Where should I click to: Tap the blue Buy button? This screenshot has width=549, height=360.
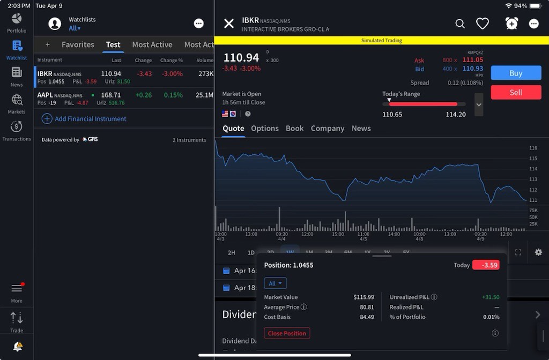pos(516,73)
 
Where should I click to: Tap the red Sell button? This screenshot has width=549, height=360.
pos(516,93)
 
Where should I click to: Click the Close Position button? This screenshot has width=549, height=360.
pos(287,333)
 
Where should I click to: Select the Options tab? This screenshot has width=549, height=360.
pos(265,129)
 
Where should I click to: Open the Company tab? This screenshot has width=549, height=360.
pos(328,129)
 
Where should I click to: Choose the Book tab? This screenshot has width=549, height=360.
pos(294,129)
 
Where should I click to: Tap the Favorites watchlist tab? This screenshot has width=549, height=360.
pos(78,44)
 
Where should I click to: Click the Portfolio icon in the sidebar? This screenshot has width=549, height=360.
pos(17,22)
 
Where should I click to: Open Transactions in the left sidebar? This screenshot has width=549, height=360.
pos(17,130)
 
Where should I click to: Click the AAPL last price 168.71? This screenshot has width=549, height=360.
pos(111,95)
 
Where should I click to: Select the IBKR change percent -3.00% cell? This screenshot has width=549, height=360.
pos(172,74)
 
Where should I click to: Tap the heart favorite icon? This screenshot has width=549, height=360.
pos(483,24)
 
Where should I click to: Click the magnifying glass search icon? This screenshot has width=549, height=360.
pos(460,24)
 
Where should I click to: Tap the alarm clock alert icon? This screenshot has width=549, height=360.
pos(511,23)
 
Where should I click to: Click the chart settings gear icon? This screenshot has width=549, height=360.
pos(538,252)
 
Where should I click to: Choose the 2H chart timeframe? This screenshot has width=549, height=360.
pos(232,252)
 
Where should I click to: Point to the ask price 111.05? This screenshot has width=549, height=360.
pos(473,60)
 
